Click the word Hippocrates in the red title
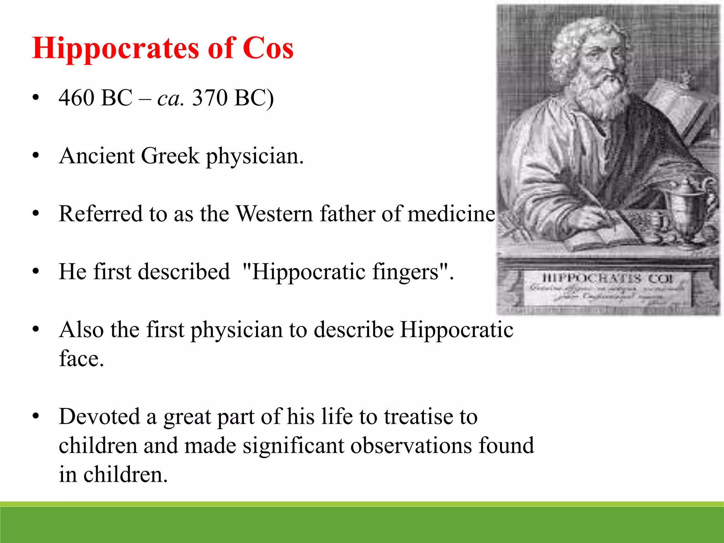point(115,48)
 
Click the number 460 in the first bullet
point(76,98)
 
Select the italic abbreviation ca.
point(170,99)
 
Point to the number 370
point(210,98)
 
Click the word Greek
point(170,156)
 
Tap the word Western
point(274,214)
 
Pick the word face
point(81,359)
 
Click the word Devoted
point(99,416)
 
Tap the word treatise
point(419,416)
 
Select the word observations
point(411,445)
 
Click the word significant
point(293,445)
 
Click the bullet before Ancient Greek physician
point(35,156)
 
